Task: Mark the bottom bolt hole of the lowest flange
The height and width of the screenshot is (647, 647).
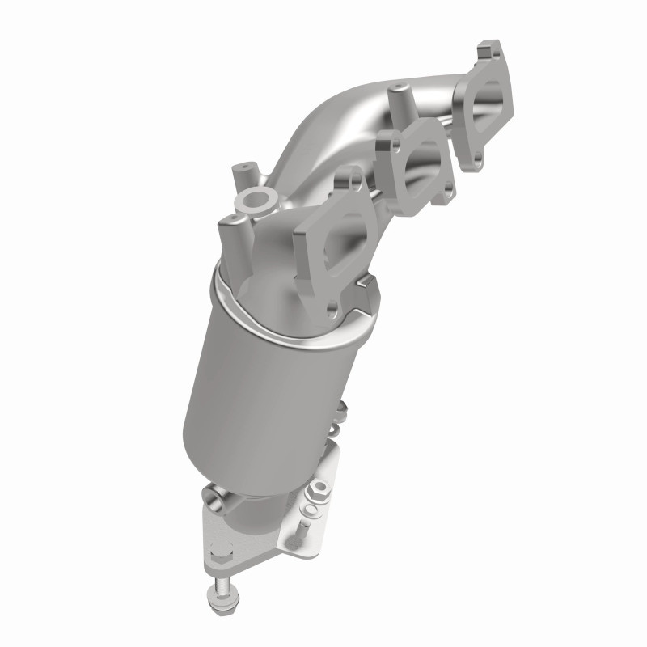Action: tap(331, 308)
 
